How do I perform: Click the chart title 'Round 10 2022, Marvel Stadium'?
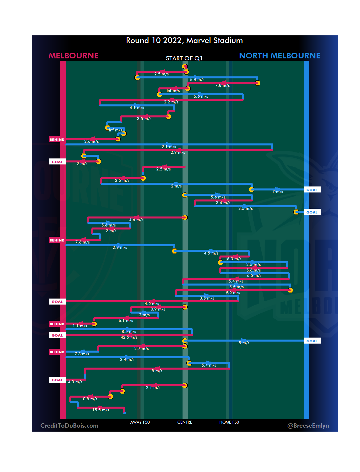tap(184, 41)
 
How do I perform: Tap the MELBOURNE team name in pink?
tap(74, 56)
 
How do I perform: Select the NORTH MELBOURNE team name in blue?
tap(280, 56)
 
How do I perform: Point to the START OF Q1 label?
tap(184, 58)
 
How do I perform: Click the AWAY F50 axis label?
tap(140, 422)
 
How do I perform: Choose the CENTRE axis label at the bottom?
tap(185, 422)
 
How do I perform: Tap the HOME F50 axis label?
tap(229, 422)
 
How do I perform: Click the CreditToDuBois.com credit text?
tap(69, 426)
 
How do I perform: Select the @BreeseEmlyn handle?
tap(308, 426)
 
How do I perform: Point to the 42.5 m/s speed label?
tap(129, 337)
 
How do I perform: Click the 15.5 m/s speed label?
tap(101, 410)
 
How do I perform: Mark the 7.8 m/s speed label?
tap(222, 85)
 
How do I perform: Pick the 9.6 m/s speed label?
tap(233, 293)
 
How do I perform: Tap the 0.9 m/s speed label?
tap(158, 309)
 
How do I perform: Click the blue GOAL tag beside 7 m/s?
tap(312, 190)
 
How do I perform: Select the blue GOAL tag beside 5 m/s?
tap(312, 341)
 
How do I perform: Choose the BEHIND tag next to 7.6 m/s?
tap(57, 240)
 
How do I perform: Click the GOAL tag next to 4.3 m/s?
tap(57, 380)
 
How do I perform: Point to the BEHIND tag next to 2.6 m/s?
tap(57, 139)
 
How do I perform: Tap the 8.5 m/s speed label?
tap(129, 332)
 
